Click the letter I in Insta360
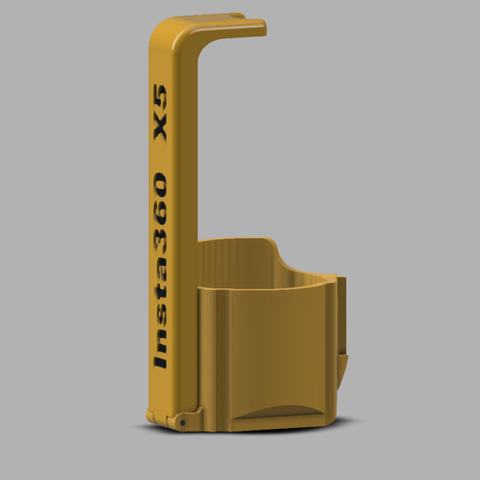pos(161,362)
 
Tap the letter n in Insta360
pos(161,343)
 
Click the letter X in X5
pos(161,130)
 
